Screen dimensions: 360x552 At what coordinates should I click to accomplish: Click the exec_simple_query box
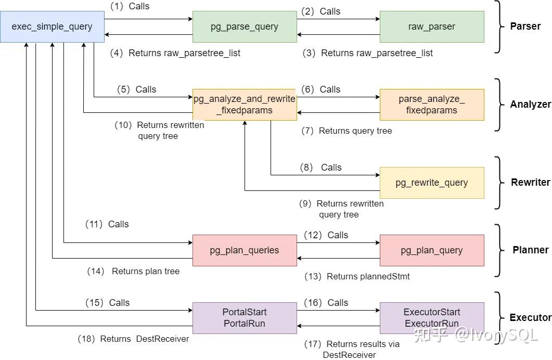click(52, 27)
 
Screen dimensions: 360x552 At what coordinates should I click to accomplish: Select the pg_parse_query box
click(245, 27)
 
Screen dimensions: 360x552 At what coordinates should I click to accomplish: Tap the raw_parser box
click(432, 27)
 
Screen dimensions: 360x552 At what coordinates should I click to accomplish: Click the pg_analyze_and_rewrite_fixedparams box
click(245, 105)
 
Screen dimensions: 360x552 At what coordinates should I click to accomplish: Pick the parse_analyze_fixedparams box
click(432, 105)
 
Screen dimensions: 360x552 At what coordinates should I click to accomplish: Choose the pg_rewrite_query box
click(432, 183)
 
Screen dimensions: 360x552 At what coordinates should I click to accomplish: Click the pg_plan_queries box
click(245, 250)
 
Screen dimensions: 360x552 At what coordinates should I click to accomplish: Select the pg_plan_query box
click(432, 250)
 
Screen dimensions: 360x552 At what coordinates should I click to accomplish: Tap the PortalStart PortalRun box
click(245, 318)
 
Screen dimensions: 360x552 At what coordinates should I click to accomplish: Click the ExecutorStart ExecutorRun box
click(432, 318)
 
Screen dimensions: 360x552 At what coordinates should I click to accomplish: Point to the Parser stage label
click(525, 27)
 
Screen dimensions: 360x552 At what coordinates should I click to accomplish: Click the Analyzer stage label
click(530, 105)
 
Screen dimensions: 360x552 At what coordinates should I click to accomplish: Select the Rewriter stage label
click(530, 183)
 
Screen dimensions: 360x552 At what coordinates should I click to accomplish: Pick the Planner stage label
click(530, 250)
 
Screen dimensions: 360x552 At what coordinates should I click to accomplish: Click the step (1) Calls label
click(130, 6)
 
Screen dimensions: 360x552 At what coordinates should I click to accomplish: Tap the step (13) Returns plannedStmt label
click(357, 277)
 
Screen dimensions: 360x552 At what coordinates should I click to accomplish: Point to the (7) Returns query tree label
click(347, 131)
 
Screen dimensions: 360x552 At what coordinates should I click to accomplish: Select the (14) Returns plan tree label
click(133, 271)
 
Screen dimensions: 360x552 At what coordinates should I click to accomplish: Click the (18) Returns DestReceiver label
click(133, 339)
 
